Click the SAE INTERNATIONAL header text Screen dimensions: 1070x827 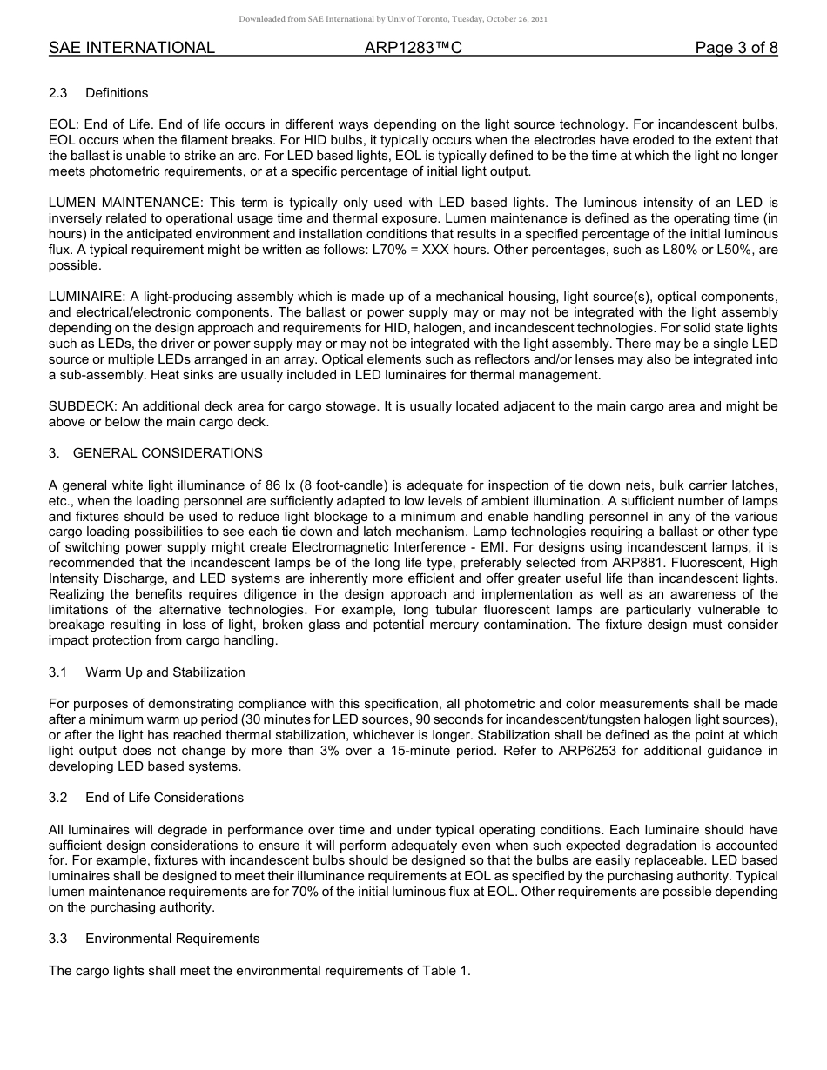[131, 48]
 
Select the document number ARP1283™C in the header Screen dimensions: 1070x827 [413, 48]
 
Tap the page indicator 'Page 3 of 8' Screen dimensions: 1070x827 [736, 48]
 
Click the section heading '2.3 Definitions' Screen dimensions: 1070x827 [98, 93]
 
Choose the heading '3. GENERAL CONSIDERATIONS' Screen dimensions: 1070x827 [156, 453]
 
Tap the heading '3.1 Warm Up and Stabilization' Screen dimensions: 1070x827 [147, 672]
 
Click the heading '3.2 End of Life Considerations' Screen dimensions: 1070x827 [146, 798]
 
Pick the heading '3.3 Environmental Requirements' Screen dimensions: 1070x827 [154, 939]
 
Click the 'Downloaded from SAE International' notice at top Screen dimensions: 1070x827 [393, 19]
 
